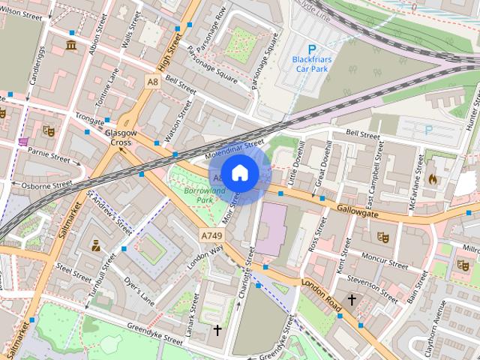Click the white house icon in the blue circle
(x=239, y=172)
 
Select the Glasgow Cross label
(x=121, y=137)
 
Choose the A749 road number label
(x=211, y=235)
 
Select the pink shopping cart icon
(x=24, y=141)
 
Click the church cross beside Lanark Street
(x=217, y=329)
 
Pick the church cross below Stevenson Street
(x=351, y=300)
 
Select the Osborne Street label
(x=46, y=184)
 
